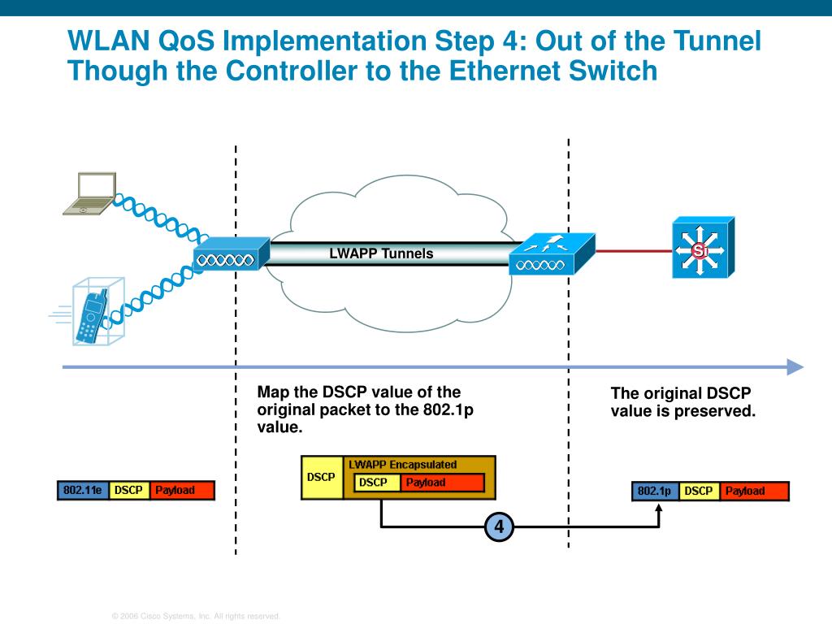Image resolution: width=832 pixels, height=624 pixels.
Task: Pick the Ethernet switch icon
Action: click(x=702, y=248)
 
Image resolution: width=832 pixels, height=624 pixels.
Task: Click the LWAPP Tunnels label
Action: click(x=381, y=253)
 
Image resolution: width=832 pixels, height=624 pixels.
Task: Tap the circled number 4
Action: click(x=499, y=527)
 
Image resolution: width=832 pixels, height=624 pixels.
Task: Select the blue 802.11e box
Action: click(x=82, y=491)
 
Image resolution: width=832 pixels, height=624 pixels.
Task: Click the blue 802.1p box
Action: click(x=655, y=491)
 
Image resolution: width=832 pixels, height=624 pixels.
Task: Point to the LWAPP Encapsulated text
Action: click(x=402, y=465)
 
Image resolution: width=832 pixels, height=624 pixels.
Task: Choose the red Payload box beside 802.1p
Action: click(x=753, y=491)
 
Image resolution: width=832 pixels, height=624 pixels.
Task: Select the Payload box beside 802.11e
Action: click(x=182, y=491)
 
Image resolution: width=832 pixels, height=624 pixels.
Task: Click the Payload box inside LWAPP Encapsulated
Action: click(x=441, y=483)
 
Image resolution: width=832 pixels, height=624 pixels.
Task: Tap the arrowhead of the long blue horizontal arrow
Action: click(x=795, y=367)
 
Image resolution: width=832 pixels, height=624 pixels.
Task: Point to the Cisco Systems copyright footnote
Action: click(x=196, y=617)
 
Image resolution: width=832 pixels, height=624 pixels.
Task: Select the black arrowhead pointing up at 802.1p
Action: click(x=659, y=508)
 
